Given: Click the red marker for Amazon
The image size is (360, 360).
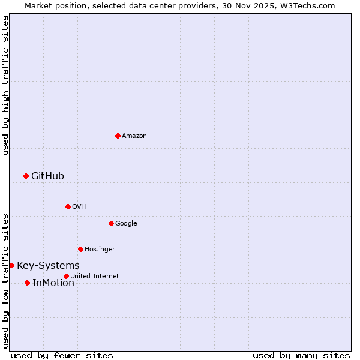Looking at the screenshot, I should coord(118,136).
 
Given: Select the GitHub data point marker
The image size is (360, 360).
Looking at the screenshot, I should coord(26,176).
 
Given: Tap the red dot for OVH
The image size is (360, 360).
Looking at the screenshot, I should coord(68,206).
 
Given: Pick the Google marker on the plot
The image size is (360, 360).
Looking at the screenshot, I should coord(111,223).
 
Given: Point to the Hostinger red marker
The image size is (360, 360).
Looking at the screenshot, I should coord(80,249).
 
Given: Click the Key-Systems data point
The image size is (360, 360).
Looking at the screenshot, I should coord(11,265).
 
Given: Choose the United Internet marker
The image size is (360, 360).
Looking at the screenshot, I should coord(66,276).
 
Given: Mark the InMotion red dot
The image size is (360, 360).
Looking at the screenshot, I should coord(27,283).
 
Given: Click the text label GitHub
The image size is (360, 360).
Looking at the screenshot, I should coord(47,176).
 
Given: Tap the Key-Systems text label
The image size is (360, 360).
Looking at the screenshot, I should coord(48,265).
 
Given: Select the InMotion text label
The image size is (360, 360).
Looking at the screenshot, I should coord(53,283).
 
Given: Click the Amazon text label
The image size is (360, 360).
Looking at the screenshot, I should coord(134,136).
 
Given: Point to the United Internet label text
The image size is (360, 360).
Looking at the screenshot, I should coord(95,276).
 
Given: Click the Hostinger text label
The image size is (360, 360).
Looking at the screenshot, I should coord(100,249).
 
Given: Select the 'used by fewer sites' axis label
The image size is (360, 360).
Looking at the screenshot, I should coord(62,355).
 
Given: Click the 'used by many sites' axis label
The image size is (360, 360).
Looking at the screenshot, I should coord(301,355).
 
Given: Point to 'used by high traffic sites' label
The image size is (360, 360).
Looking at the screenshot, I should coord(5,85).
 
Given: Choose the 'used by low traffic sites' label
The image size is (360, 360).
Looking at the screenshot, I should coord(5,281).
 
